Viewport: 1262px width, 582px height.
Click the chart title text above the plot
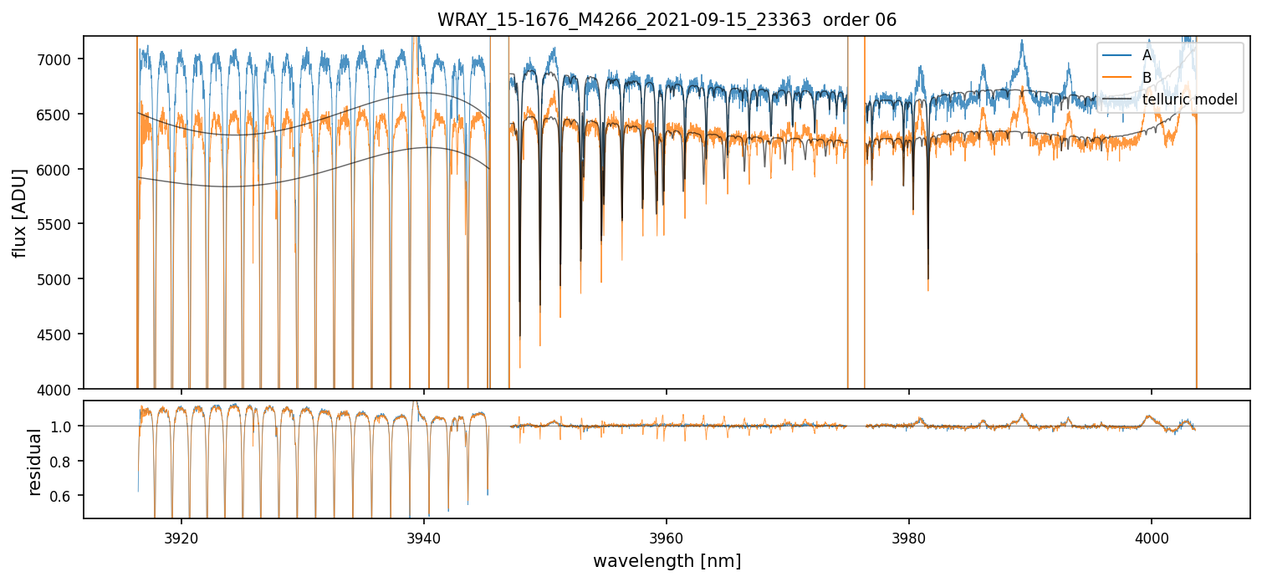pyautogui.click(x=667, y=20)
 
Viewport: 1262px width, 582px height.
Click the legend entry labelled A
pyautogui.click(x=1147, y=55)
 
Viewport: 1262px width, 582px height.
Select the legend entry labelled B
pyautogui.click(x=1147, y=78)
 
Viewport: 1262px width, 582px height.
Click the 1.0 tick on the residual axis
pyautogui.click(x=65, y=426)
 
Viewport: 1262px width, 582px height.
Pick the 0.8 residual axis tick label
pyautogui.click(x=65, y=462)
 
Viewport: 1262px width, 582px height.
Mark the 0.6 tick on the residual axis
pyautogui.click(x=65, y=496)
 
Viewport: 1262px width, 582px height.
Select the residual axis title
pyautogui.click(x=34, y=462)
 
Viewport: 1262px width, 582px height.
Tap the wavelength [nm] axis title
pyautogui.click(x=667, y=560)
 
